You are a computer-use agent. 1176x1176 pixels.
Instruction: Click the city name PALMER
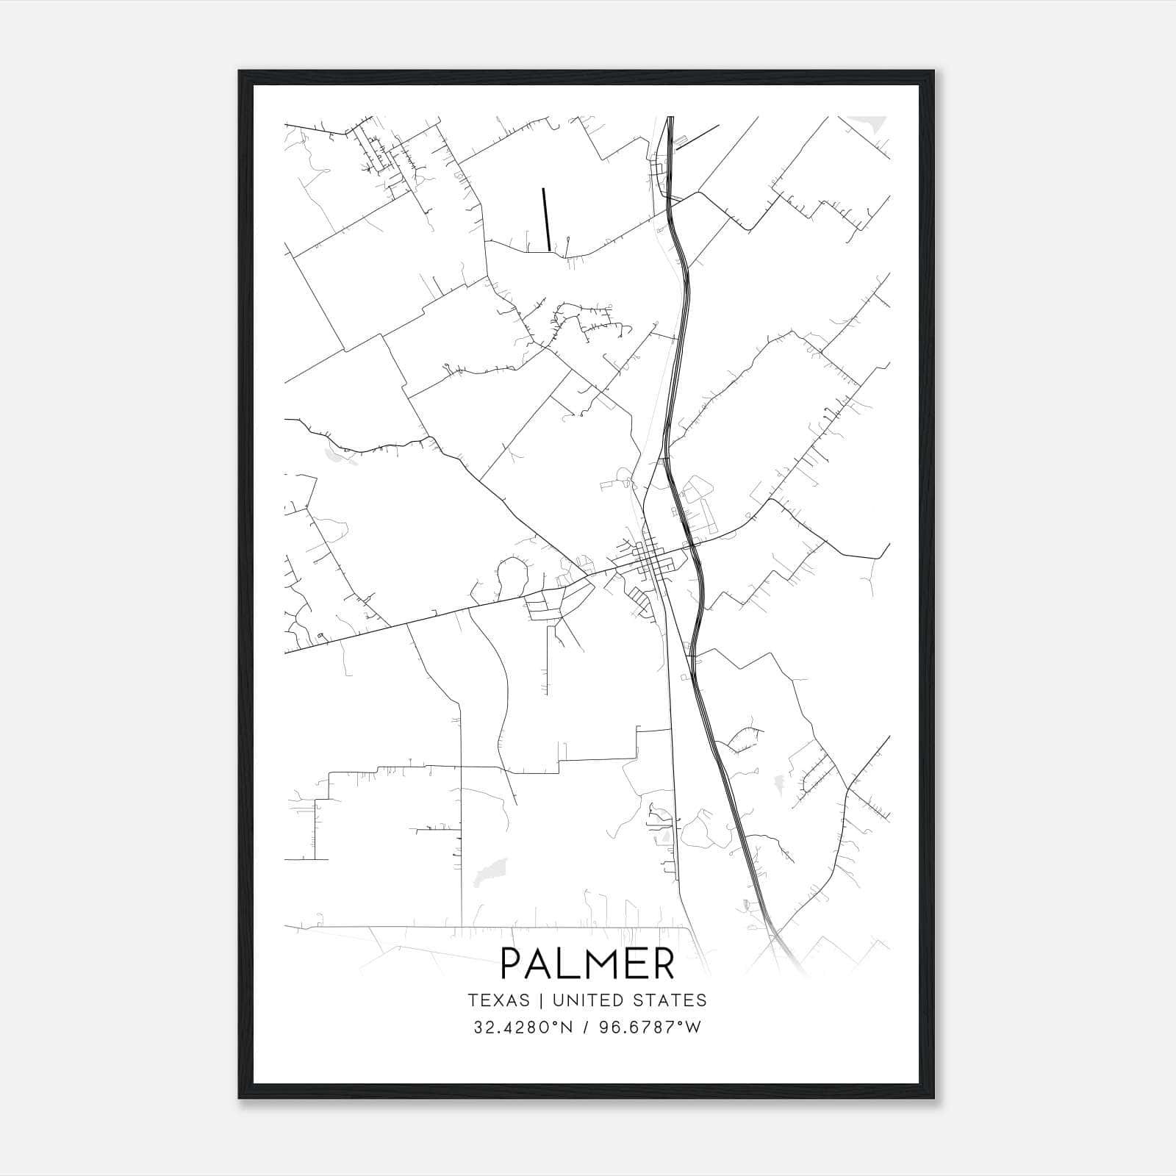(x=587, y=964)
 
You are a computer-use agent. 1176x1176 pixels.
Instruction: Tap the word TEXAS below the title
(x=498, y=1000)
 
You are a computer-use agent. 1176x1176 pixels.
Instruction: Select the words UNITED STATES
(x=629, y=1000)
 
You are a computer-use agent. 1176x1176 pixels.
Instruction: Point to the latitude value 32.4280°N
(x=522, y=1027)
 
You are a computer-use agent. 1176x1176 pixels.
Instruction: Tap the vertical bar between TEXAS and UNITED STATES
(x=541, y=1000)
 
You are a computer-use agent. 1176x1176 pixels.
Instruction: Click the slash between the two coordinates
(x=586, y=1027)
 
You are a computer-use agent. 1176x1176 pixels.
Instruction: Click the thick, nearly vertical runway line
(x=546, y=219)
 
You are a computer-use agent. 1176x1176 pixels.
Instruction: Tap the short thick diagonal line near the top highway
(x=697, y=137)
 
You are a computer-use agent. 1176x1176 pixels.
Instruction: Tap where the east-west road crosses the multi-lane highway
(x=691, y=545)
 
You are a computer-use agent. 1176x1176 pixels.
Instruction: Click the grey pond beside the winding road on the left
(x=334, y=456)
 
